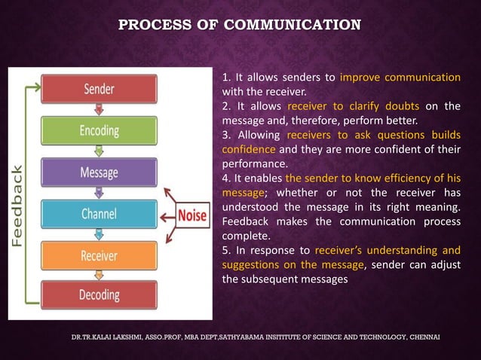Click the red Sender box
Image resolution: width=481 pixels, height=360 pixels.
tap(99, 89)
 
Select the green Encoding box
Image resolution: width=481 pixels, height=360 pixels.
tap(99, 130)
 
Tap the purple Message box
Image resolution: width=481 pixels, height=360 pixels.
tap(99, 172)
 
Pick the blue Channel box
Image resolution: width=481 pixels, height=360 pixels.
tap(99, 214)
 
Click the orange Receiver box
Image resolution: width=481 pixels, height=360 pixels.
tap(99, 255)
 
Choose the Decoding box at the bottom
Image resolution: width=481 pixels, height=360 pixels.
tap(99, 294)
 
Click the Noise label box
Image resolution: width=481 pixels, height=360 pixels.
tap(192, 214)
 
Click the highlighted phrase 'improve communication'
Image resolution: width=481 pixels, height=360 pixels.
tap(400, 78)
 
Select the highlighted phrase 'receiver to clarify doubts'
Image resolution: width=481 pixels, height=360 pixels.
tap(353, 106)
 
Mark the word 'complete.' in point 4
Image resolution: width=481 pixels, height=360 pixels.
tap(247, 235)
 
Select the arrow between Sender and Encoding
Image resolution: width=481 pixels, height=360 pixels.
tap(99, 110)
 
